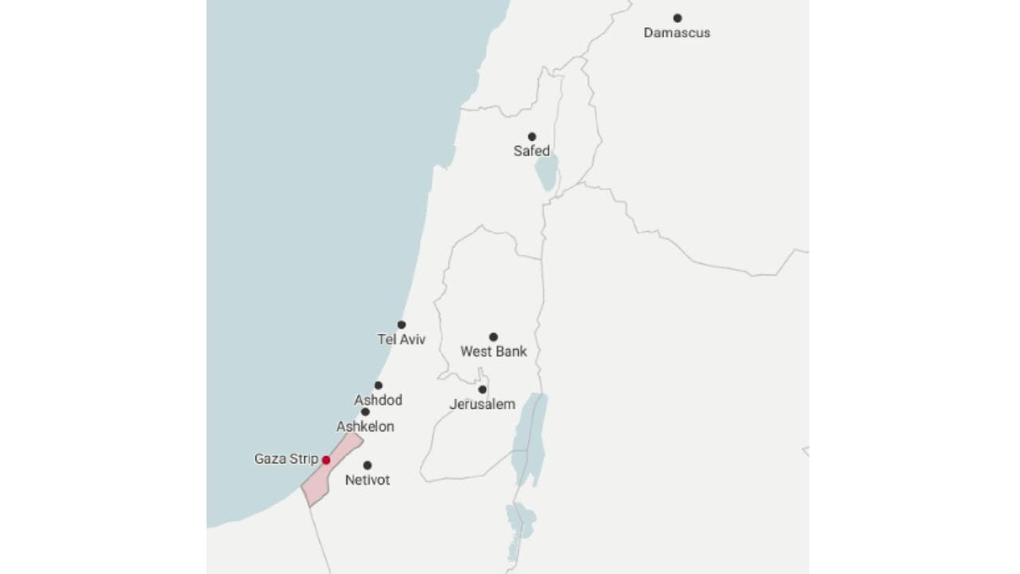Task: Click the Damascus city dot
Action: pos(677,18)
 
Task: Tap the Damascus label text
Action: pos(677,33)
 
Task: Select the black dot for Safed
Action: pos(532,136)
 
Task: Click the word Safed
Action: pos(532,151)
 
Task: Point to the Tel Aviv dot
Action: pos(402,324)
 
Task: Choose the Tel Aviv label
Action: pos(402,340)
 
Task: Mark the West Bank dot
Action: pos(493,336)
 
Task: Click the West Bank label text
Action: pos(493,352)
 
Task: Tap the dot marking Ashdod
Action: pos(379,385)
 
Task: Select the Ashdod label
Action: pos(378,400)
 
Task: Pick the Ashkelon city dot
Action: pos(365,412)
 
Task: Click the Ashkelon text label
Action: pos(365,427)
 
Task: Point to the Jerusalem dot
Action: pos(482,389)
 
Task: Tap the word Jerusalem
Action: pos(482,404)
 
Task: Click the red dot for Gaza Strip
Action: pos(326,460)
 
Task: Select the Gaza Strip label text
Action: pos(286,459)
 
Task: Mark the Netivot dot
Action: pos(367,465)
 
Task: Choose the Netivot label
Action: pos(367,480)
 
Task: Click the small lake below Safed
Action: pos(546,174)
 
